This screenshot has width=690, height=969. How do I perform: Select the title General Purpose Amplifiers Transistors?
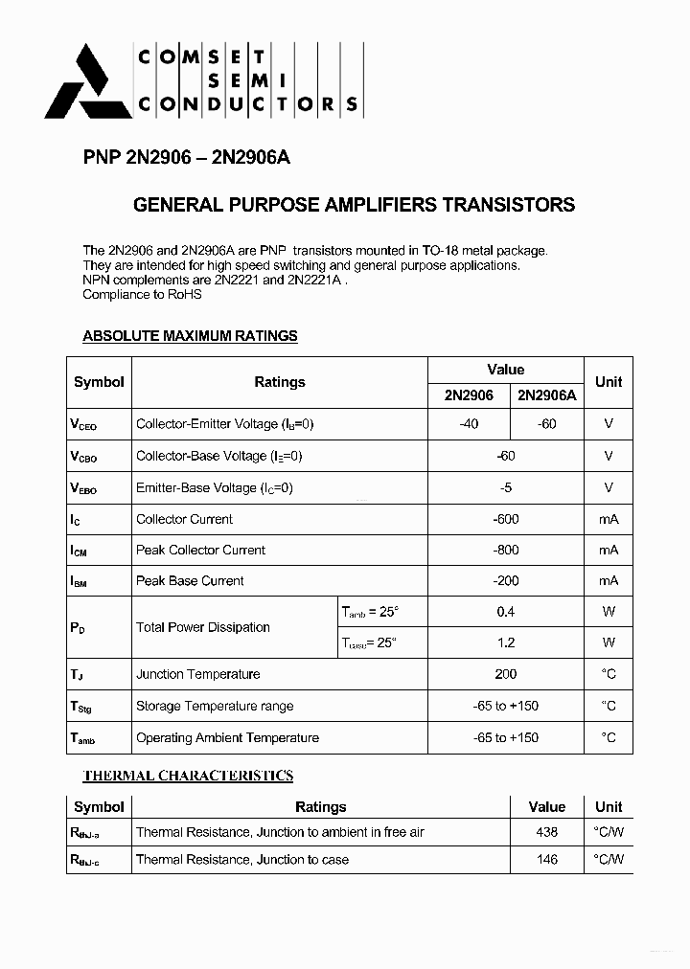[x=354, y=205]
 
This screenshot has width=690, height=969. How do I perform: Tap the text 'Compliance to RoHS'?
[x=142, y=294]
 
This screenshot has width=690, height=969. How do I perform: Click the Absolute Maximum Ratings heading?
[x=190, y=336]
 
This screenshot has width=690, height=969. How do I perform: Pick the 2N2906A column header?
[x=547, y=394]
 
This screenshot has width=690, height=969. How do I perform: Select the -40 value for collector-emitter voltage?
[x=469, y=423]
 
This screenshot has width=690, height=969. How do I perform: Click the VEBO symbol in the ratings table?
[x=83, y=488]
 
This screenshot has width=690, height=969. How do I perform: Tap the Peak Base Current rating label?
[x=190, y=580]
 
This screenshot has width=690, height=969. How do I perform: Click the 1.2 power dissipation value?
[x=505, y=642]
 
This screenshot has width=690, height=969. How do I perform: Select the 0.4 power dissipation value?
[x=505, y=611]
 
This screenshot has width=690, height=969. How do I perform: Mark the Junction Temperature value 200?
[x=505, y=674]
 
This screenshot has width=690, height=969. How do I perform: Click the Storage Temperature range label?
[x=215, y=706]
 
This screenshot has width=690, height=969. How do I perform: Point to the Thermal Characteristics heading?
[x=188, y=776]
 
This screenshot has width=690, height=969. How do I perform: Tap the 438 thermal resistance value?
[x=546, y=832]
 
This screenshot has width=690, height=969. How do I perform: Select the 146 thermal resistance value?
[x=546, y=859]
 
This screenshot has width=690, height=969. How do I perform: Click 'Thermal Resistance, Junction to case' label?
[x=242, y=859]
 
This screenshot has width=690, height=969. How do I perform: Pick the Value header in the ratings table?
[x=505, y=370]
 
